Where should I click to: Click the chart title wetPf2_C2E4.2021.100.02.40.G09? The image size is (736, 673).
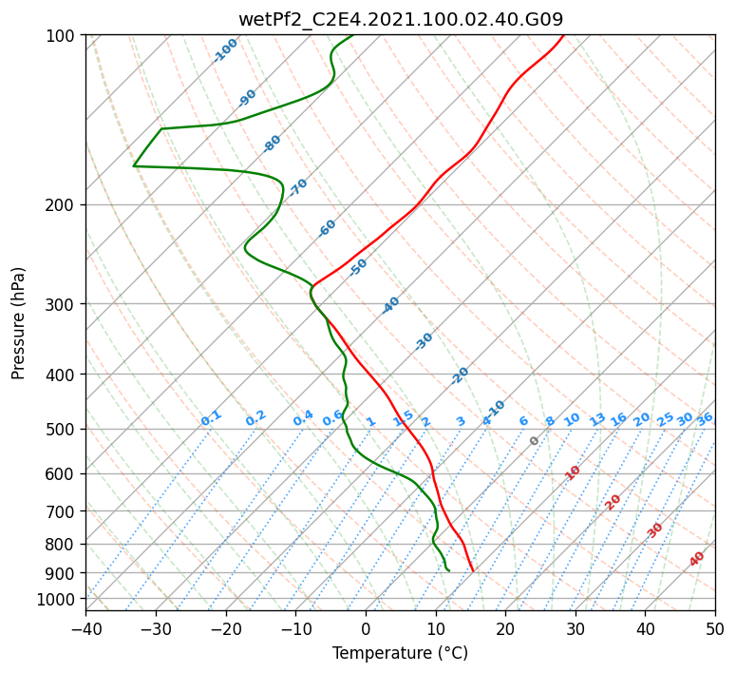click(401, 19)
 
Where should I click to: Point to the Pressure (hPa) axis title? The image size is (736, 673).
click(17, 323)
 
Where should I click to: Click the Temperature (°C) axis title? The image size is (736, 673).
click(401, 653)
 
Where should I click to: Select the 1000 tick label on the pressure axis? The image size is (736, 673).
click(58, 599)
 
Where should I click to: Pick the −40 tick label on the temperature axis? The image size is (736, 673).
click(85, 628)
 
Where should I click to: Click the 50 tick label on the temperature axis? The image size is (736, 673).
click(715, 628)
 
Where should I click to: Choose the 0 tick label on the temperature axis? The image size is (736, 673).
click(366, 628)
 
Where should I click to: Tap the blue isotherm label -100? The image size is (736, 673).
click(225, 50)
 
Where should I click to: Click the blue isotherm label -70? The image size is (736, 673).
click(298, 187)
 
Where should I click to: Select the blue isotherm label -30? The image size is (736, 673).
click(424, 341)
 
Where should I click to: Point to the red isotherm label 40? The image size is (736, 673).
click(697, 559)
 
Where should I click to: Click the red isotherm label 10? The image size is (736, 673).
click(573, 472)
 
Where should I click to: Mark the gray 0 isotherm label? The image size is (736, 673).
click(534, 441)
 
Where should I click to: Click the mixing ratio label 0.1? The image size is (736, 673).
click(211, 418)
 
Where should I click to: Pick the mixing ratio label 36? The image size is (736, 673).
click(705, 419)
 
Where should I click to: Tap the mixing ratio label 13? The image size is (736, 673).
click(597, 419)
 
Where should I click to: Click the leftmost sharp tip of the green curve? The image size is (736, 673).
click(134, 166)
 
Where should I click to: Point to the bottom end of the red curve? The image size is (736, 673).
click(473, 571)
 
